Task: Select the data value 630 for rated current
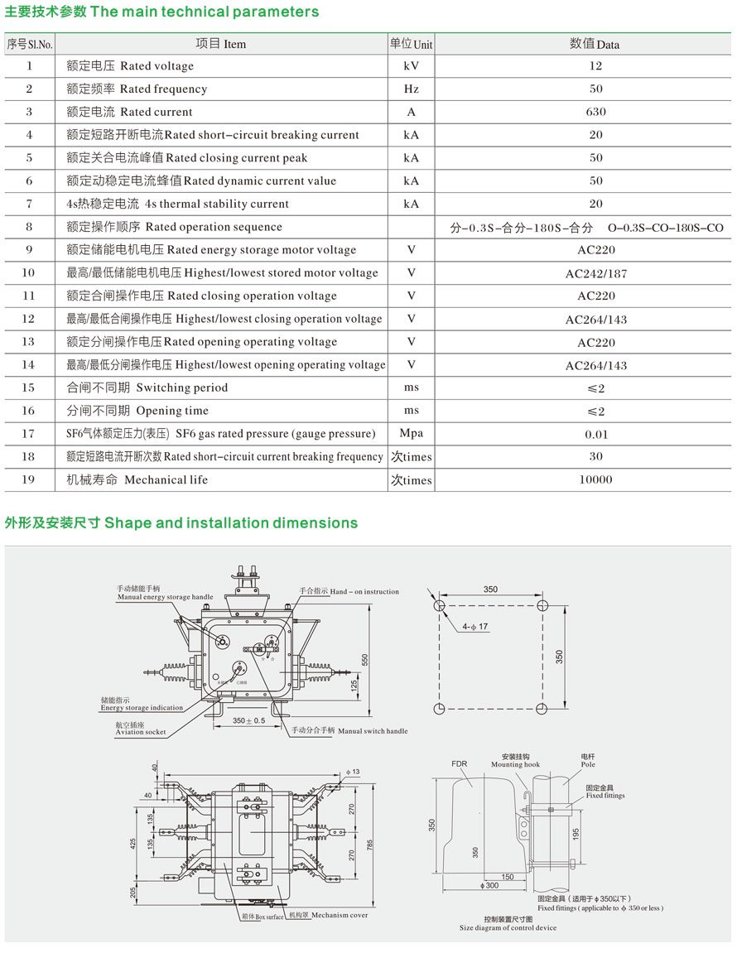(595, 112)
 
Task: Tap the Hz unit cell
(411, 89)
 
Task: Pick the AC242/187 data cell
(595, 273)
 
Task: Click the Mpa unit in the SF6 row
(411, 433)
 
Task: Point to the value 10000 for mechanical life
(595, 479)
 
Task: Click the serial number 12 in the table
(29, 319)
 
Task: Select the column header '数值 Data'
(595, 44)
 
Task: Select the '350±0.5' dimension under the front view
(248, 721)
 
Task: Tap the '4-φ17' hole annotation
(476, 627)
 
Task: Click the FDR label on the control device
(460, 763)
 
